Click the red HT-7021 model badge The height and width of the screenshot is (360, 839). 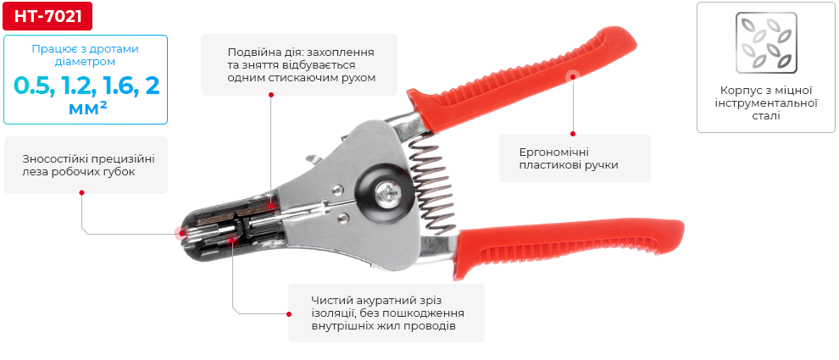[47, 15]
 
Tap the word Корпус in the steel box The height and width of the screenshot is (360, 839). [740, 89]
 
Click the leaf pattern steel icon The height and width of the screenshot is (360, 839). [766, 43]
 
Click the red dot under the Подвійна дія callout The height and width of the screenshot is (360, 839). [270, 95]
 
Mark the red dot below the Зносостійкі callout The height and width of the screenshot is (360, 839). [82, 192]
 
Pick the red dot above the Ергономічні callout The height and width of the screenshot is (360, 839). [574, 133]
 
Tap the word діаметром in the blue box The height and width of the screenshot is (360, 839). [86, 61]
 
